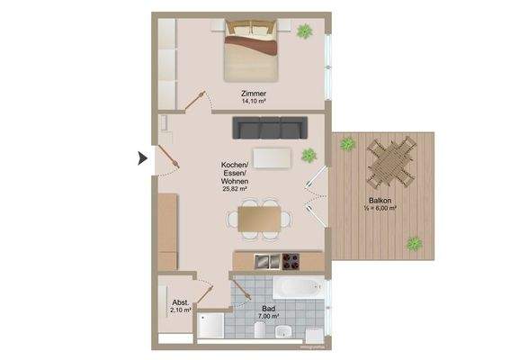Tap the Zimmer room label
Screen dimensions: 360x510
tap(255, 94)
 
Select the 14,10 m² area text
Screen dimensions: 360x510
tap(255, 102)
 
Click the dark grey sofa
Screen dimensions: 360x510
tap(270, 128)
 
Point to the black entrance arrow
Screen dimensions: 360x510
tap(141, 159)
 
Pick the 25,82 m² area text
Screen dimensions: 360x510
tap(234, 190)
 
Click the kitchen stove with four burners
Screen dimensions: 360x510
tap(291, 262)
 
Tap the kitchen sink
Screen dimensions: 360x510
tap(265, 262)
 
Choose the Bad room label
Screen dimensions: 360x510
tap(268, 308)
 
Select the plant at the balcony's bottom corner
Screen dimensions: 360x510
tap(414, 242)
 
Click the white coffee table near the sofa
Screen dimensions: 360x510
tap(272, 158)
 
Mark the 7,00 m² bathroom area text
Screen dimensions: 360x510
tap(268, 317)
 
